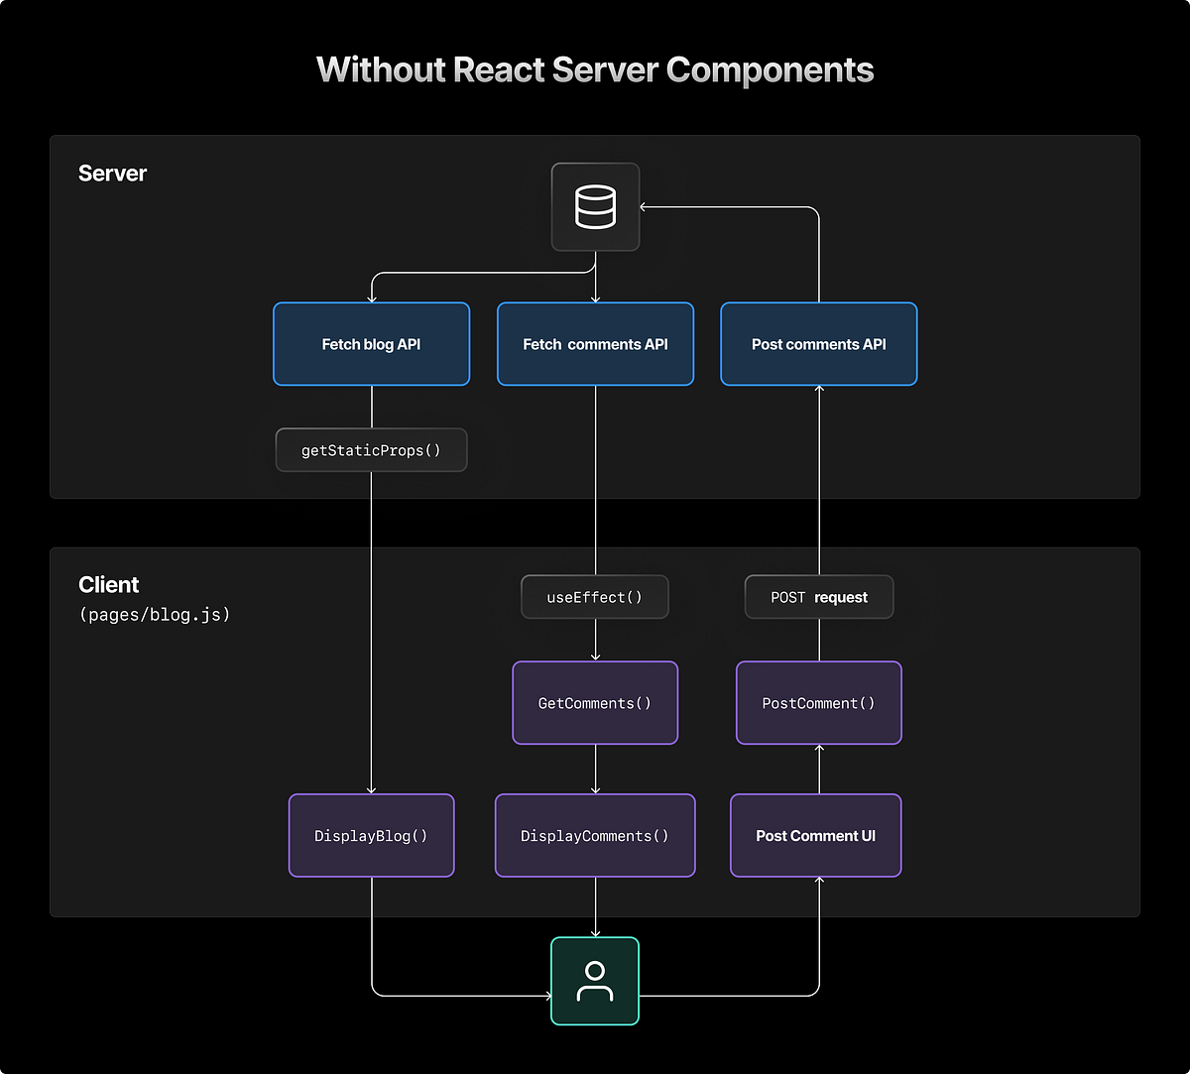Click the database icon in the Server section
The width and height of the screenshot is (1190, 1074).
(x=595, y=206)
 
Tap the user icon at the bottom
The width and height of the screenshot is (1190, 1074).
(x=595, y=981)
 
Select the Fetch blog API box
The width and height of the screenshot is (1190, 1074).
(x=371, y=344)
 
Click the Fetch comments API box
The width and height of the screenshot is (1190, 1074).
(x=595, y=344)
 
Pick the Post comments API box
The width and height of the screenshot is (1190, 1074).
(x=819, y=344)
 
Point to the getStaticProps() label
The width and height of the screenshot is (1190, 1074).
(x=371, y=450)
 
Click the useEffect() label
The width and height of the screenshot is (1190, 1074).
(x=595, y=597)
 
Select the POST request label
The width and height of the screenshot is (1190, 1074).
(x=819, y=597)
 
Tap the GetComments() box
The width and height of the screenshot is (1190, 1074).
(x=595, y=703)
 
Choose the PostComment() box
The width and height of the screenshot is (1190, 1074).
(x=819, y=703)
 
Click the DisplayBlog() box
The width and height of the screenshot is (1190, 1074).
(x=371, y=835)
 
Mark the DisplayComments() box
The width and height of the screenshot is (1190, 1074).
(x=595, y=835)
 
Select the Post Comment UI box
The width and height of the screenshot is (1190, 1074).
(x=815, y=835)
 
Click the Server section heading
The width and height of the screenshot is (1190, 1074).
(x=112, y=174)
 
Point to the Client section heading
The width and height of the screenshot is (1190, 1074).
(x=109, y=584)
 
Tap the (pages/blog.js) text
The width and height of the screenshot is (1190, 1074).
(x=155, y=615)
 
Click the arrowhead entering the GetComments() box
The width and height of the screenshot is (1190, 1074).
(x=595, y=656)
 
